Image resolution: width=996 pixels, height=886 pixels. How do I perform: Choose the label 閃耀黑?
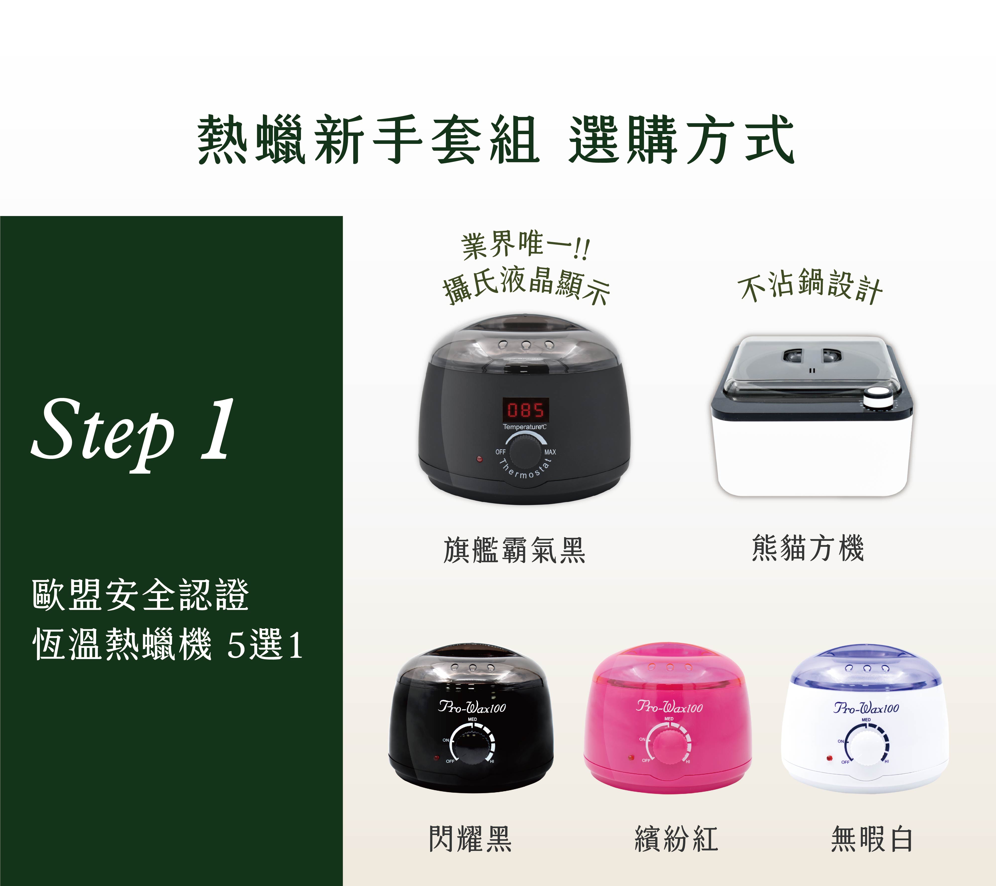point(470,839)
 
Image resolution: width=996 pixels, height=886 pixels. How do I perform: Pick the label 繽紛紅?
point(677,839)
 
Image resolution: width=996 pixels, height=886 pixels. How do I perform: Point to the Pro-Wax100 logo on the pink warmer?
point(670,706)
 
